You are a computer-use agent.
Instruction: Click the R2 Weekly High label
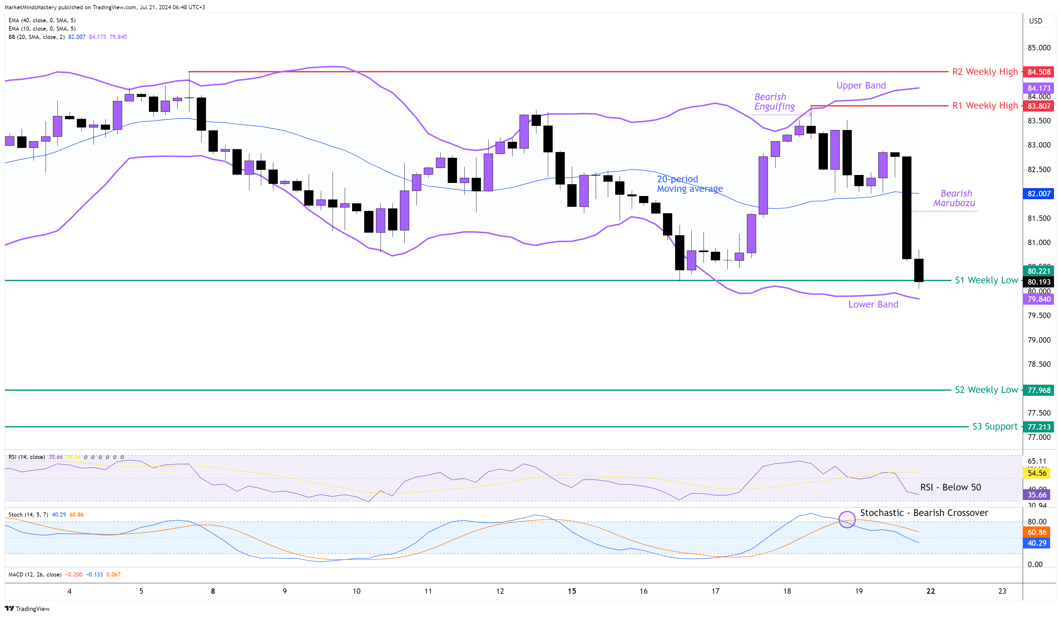(985, 72)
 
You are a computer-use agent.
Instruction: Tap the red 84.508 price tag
(1038, 72)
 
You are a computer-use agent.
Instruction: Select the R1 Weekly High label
(985, 105)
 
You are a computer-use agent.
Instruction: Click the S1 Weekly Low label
(986, 280)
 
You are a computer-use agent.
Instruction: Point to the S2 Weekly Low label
(986, 390)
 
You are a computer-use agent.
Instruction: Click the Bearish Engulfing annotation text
(774, 102)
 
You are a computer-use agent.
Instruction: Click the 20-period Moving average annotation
(690, 184)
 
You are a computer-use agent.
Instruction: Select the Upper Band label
(861, 85)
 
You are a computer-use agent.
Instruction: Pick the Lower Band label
(873, 304)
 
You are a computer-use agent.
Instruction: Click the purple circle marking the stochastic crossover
(847, 519)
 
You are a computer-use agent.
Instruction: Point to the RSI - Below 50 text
(950, 487)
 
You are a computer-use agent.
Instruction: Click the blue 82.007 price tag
(1038, 193)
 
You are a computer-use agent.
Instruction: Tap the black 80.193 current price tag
(1038, 282)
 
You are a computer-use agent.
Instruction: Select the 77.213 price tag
(1038, 427)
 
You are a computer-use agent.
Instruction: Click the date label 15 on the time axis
(571, 591)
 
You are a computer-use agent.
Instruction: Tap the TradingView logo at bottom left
(27, 609)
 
